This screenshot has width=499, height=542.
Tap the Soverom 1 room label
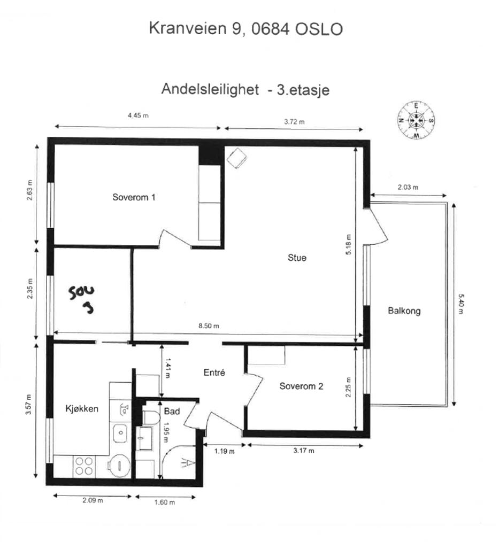(x=134, y=197)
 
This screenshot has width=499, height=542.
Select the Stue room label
(x=297, y=258)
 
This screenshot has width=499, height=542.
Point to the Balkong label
(x=404, y=311)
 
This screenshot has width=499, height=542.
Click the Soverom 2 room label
(x=301, y=386)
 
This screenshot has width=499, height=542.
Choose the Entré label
(x=214, y=373)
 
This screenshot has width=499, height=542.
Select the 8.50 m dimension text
(x=209, y=327)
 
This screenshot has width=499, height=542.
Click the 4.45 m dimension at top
(x=137, y=116)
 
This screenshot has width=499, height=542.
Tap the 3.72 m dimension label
(x=294, y=121)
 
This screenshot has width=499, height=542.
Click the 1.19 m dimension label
(x=224, y=451)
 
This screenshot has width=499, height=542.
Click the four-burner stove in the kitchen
(x=85, y=466)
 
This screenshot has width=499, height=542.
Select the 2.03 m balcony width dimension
(x=408, y=187)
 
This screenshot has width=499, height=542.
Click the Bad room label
(x=172, y=411)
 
